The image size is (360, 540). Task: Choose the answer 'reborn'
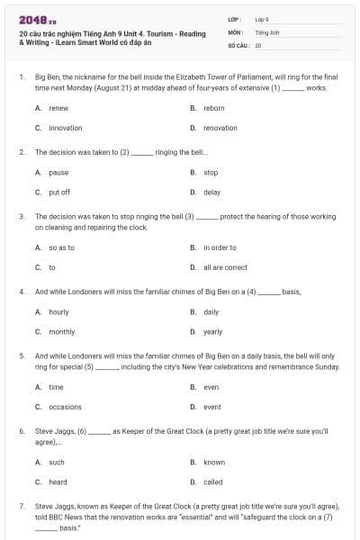pos(213,108)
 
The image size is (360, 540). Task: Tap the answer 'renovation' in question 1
pos(220,128)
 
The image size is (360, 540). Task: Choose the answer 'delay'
pos(211,192)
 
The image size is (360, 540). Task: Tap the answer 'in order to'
pos(220,247)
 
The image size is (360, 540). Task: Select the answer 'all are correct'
pos(225,267)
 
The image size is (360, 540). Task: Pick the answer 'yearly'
pos(212,331)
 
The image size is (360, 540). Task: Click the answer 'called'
pos(212,481)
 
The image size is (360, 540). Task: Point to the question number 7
pos(21,506)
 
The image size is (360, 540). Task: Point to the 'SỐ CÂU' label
pos(238,44)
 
